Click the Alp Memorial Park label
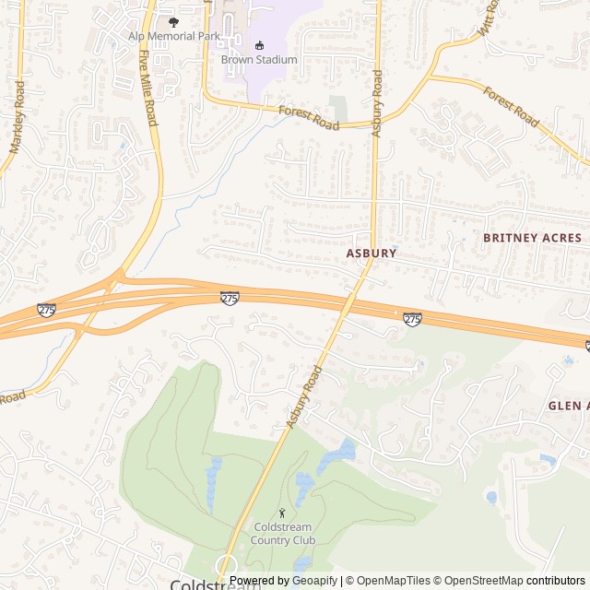[174, 36]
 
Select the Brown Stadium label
[259, 60]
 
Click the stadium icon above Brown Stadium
[259, 44]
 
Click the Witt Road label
[489, 18]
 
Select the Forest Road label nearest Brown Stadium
[309, 117]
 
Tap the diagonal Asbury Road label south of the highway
[305, 396]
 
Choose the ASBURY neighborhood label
[372, 253]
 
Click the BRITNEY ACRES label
[533, 238]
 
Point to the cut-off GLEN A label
[568, 406]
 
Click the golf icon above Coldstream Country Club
[282, 513]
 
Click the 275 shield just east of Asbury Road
[412, 318]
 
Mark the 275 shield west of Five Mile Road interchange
[46, 311]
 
